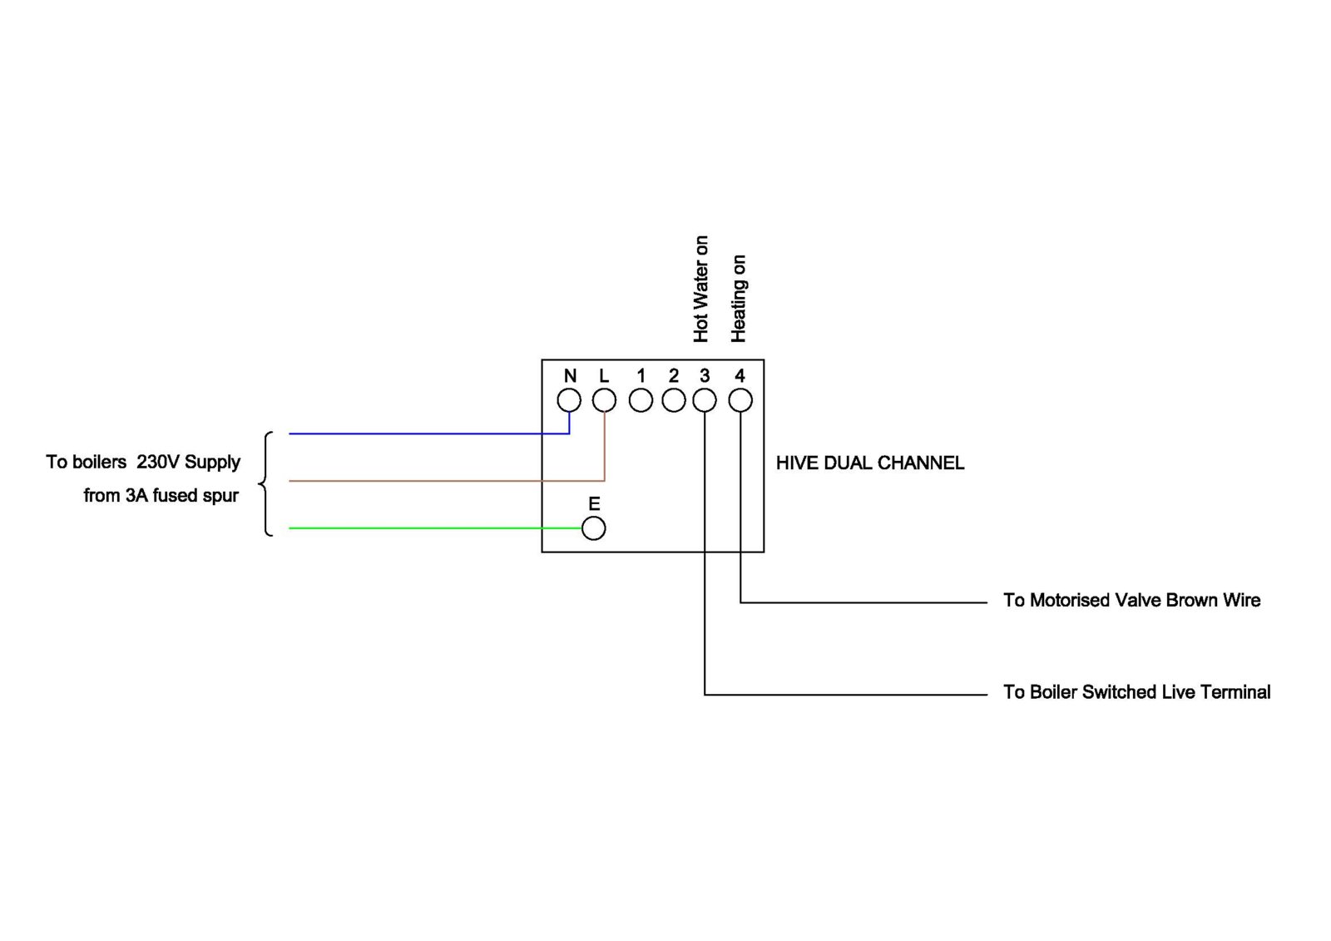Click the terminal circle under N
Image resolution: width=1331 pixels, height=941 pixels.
tap(569, 400)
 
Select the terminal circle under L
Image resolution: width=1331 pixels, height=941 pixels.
tap(604, 400)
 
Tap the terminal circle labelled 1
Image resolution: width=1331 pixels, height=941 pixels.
tap(641, 400)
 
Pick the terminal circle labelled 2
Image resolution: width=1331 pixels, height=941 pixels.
tap(673, 400)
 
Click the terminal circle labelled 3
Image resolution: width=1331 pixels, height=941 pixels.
tap(705, 400)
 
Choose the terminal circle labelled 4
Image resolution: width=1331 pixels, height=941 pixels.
tap(740, 400)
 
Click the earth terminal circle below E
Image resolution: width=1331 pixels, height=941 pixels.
tap(593, 528)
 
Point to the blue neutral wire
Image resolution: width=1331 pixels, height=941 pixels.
tap(416, 433)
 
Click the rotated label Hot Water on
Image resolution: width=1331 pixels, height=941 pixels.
tap(701, 289)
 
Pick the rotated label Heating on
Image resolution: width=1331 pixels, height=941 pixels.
tap(739, 299)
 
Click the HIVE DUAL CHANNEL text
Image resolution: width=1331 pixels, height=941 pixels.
tap(869, 463)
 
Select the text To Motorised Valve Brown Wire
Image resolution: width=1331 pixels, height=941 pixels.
tap(1131, 601)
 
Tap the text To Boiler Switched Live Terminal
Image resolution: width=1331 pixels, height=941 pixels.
tap(1136, 692)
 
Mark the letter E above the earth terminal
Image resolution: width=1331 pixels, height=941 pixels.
tap(594, 504)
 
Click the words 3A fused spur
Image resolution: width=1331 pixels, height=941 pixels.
tap(182, 496)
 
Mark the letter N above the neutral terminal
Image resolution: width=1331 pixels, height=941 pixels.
tap(570, 376)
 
